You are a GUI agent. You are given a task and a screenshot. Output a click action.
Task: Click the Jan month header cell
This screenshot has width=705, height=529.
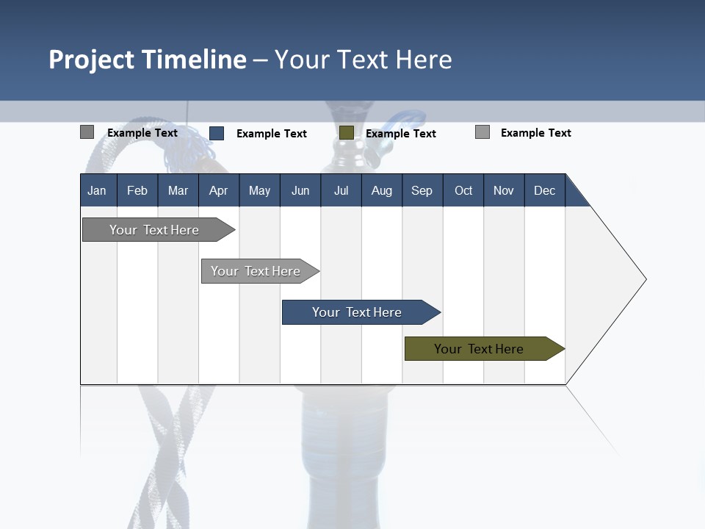click(x=98, y=190)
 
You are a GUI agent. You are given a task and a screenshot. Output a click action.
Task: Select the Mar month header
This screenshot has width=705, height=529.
click(x=178, y=190)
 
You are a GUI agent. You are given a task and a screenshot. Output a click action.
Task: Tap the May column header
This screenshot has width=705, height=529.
click(x=259, y=190)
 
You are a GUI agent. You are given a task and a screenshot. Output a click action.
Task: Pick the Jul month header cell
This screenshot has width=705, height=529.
click(x=341, y=190)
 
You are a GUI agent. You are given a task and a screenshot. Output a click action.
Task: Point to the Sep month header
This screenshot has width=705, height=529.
click(x=422, y=190)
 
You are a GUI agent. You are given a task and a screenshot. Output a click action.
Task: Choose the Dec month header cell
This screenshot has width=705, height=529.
click(x=544, y=190)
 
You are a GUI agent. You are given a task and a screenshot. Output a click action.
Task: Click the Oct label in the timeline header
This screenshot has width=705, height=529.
click(x=463, y=190)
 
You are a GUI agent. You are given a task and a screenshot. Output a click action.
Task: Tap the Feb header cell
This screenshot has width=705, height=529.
click(x=137, y=190)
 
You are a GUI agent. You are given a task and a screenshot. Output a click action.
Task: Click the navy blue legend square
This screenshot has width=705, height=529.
click(x=217, y=133)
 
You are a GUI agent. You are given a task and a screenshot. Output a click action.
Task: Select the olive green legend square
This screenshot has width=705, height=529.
click(x=347, y=133)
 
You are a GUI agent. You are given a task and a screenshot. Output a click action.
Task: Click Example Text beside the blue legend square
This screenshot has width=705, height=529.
click(x=272, y=134)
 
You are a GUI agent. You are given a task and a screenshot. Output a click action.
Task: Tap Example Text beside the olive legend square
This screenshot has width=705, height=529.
click(x=401, y=134)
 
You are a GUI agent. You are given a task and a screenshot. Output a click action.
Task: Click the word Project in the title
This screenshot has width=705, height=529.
click(x=92, y=60)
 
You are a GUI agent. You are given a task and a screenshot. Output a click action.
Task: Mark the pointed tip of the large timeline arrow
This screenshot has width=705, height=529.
click(x=644, y=279)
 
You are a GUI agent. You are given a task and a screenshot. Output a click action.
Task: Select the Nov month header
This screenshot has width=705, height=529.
click(x=504, y=190)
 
